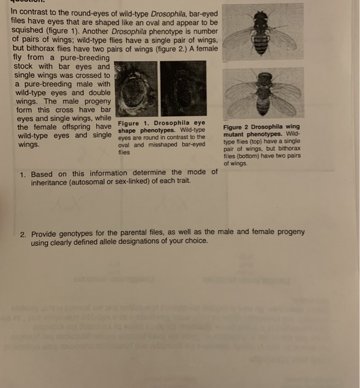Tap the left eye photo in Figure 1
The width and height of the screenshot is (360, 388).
136,90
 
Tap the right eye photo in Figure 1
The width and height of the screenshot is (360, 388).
183,90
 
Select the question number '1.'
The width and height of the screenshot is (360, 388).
23,174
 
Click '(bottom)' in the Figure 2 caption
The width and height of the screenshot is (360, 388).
245,156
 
